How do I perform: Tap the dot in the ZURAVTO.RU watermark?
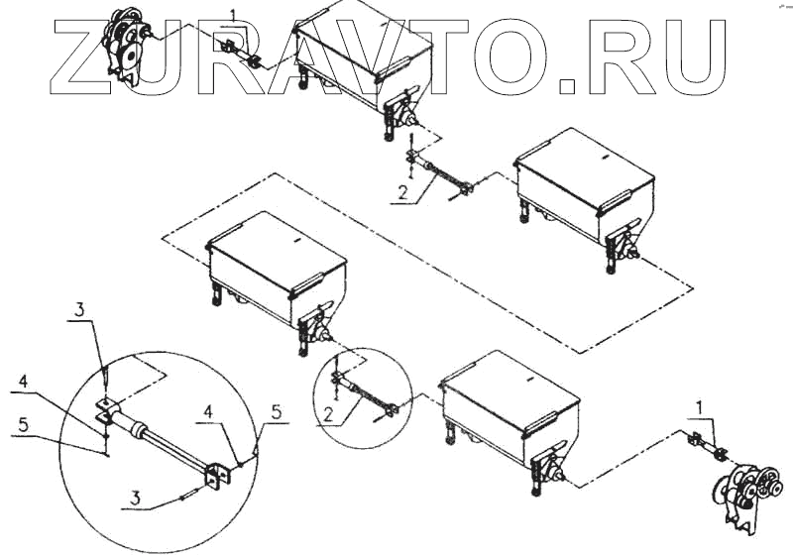pos(567,86)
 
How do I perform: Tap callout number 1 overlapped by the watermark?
pos(233,16)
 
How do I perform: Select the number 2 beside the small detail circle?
pos(328,415)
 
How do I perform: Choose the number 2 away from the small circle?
pos(402,192)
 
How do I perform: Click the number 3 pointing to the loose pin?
pos(135,499)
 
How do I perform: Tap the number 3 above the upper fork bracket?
pos(79,309)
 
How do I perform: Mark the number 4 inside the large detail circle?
pos(208,412)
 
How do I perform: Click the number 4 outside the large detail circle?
pos(23,382)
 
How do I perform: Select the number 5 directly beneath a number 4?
pos(23,425)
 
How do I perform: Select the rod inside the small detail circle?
pos(365,395)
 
